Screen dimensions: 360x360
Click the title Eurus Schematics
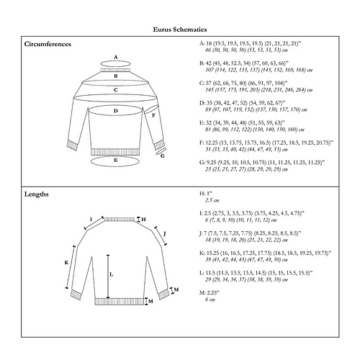[x=180, y=30]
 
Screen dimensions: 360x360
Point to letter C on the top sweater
[x=116, y=90]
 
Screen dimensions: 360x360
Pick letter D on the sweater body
[x=116, y=111]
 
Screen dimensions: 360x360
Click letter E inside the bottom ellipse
[x=116, y=160]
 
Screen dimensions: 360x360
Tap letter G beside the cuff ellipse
[x=163, y=154]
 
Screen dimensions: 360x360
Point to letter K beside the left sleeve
[x=66, y=263]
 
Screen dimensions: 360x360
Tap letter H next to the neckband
[x=143, y=219]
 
